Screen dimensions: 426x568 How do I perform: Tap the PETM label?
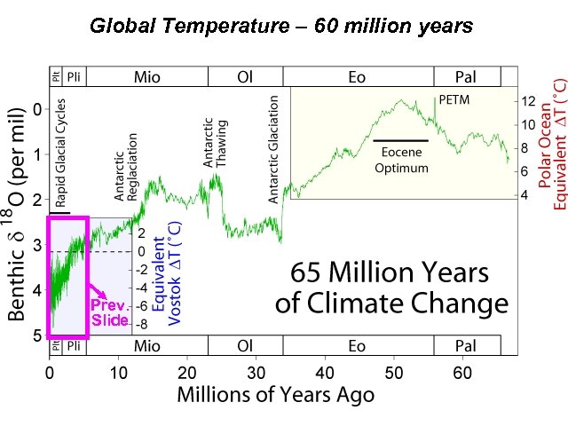coord(454,101)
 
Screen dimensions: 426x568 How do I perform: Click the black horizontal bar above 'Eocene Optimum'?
coord(400,140)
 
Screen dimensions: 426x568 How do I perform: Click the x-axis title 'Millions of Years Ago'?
coord(275,393)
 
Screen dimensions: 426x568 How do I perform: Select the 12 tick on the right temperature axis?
coord(527,101)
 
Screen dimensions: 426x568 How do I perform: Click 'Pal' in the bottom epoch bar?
coord(464,344)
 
